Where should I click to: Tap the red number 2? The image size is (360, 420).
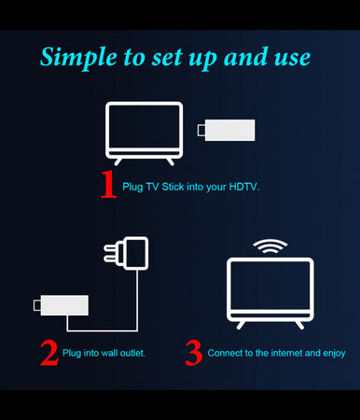point(48,352)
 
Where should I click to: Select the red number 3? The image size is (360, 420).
point(194,352)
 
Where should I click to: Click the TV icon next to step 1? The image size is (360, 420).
point(144,132)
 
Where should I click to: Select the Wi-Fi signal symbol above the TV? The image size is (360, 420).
point(270,247)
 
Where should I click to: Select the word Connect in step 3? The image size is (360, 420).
point(225,353)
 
